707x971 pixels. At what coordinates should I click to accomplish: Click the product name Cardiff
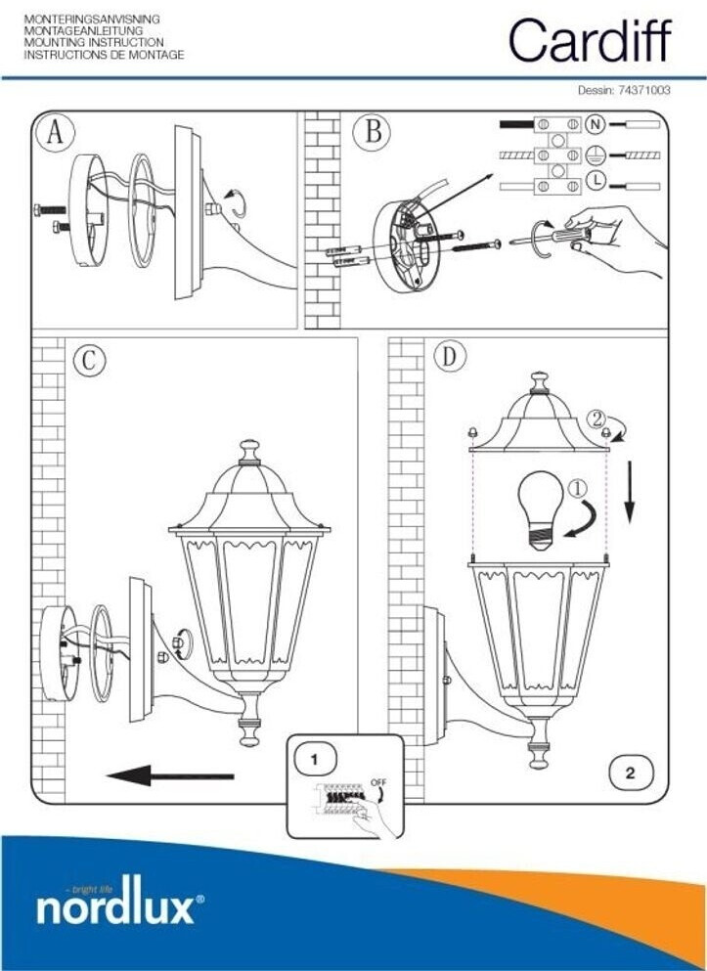pyautogui.click(x=590, y=41)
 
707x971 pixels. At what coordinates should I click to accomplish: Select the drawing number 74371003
pyautogui.click(x=642, y=90)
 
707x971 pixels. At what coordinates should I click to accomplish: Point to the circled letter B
pyautogui.click(x=373, y=132)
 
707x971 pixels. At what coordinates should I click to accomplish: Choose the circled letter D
pyautogui.click(x=449, y=357)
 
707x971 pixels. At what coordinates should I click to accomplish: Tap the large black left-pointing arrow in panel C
pyautogui.click(x=170, y=776)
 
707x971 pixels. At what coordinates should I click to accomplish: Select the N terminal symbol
pyautogui.click(x=594, y=125)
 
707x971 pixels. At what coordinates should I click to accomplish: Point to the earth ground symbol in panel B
pyautogui.click(x=594, y=154)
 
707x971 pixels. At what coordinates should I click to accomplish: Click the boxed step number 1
pyautogui.click(x=314, y=758)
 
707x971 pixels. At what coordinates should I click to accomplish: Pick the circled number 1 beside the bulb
pyautogui.click(x=578, y=484)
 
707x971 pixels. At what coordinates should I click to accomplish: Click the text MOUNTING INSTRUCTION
pyautogui.click(x=94, y=44)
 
